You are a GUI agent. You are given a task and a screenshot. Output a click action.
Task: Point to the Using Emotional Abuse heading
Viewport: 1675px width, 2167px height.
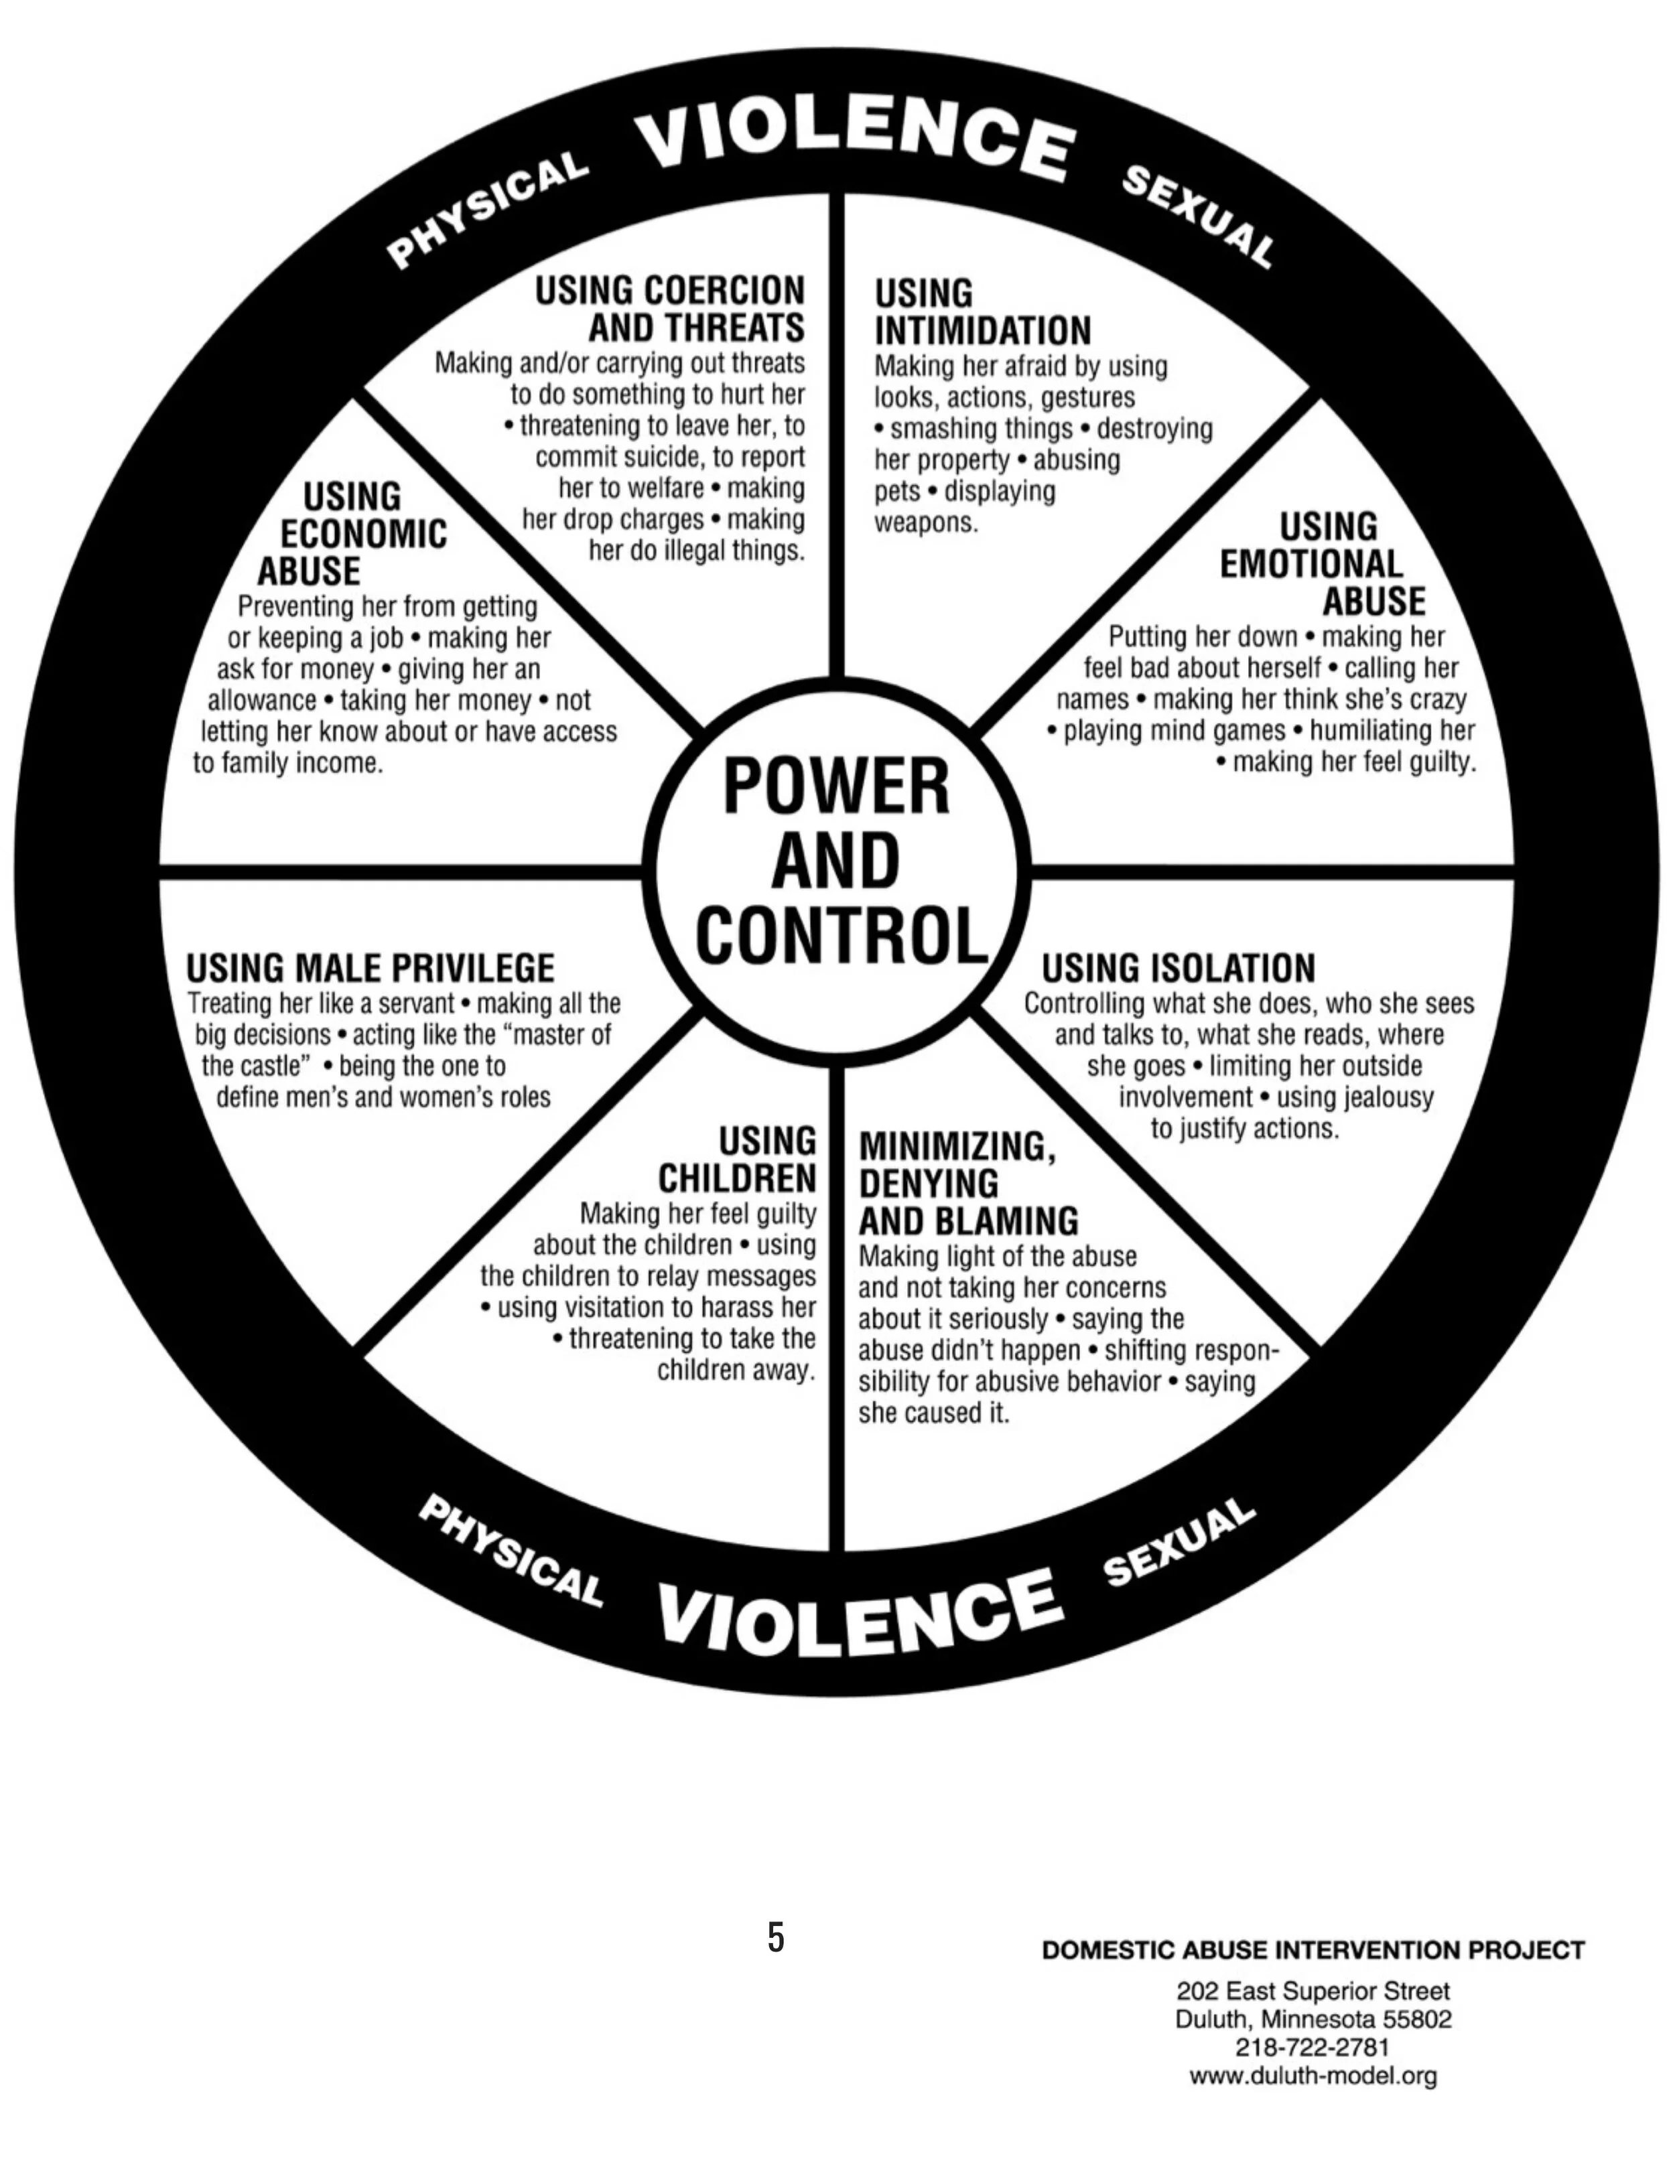point(1322,563)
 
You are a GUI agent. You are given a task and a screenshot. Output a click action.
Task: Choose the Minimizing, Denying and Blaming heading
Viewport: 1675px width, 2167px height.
point(967,1183)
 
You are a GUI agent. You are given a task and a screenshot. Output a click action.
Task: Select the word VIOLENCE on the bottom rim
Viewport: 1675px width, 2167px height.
point(860,1606)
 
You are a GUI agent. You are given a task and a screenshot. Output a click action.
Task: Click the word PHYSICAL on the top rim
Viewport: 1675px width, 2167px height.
point(486,210)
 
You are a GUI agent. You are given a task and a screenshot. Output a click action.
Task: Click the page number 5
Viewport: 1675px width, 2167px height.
point(776,1936)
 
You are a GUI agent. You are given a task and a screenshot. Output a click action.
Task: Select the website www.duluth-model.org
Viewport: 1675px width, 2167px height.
point(1313,2075)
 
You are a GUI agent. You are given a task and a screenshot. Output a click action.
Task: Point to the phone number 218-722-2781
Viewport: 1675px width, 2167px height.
point(1312,2047)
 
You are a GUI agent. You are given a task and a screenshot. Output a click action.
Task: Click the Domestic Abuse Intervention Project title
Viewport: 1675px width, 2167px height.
point(1313,1951)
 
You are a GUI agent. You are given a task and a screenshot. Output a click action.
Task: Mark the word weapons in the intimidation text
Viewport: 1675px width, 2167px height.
point(926,523)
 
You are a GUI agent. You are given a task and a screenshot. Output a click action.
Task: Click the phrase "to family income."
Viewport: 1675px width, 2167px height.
point(288,763)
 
